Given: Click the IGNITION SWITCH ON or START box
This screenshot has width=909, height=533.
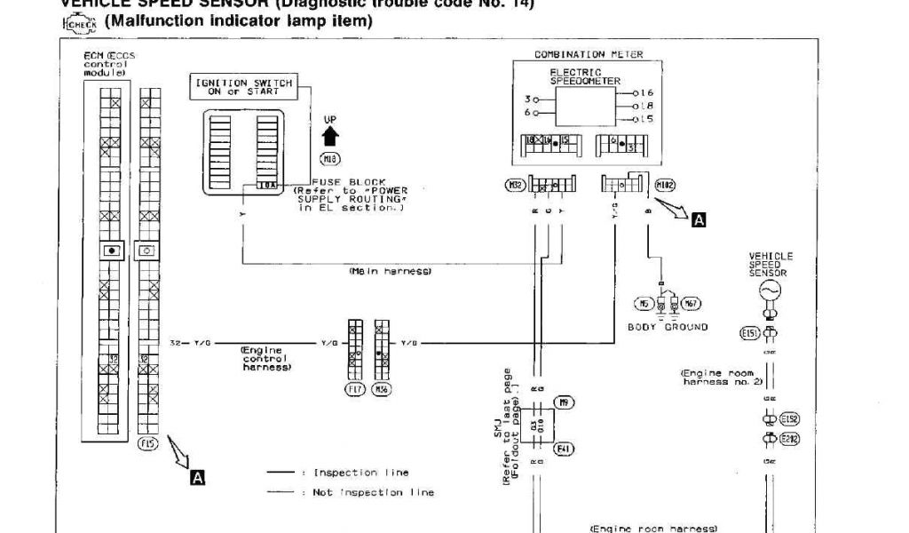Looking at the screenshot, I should (243, 87).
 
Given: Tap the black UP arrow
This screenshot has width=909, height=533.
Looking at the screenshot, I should (330, 135).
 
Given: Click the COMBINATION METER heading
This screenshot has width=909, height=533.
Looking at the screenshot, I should (589, 55).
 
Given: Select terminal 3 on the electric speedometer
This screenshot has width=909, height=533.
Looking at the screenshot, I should (528, 99).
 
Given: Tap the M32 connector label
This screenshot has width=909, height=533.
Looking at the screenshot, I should (515, 185).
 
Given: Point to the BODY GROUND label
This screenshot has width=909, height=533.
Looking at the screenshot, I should (668, 327).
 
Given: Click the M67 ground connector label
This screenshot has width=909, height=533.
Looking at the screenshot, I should (692, 304).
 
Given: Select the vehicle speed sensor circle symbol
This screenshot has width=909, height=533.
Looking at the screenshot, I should (769, 290).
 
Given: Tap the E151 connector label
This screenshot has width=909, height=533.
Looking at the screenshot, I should (749, 333).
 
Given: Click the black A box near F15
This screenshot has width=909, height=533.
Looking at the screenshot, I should (197, 477).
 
